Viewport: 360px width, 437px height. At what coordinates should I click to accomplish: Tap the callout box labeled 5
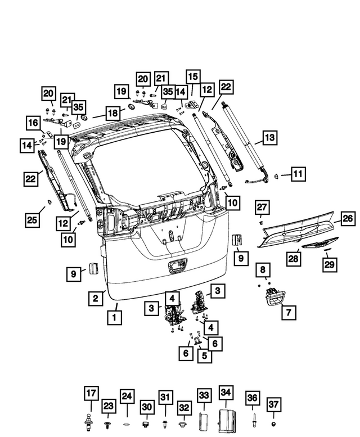click(x=204, y=355)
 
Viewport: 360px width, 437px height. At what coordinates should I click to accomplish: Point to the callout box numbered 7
click(x=288, y=311)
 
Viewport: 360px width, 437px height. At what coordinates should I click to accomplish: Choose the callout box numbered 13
click(x=270, y=137)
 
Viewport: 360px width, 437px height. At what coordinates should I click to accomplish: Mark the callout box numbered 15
click(x=193, y=76)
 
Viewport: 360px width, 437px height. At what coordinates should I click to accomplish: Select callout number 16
click(x=33, y=123)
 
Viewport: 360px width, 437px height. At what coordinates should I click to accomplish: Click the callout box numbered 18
click(x=112, y=113)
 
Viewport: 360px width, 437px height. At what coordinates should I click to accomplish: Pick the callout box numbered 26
click(x=348, y=218)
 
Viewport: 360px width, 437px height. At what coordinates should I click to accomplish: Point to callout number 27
click(x=262, y=208)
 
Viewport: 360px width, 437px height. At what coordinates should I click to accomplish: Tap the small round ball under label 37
click(x=273, y=422)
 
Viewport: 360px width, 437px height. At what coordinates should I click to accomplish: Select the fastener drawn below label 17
click(x=91, y=420)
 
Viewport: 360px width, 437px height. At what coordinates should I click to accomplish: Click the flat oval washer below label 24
click(x=127, y=422)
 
